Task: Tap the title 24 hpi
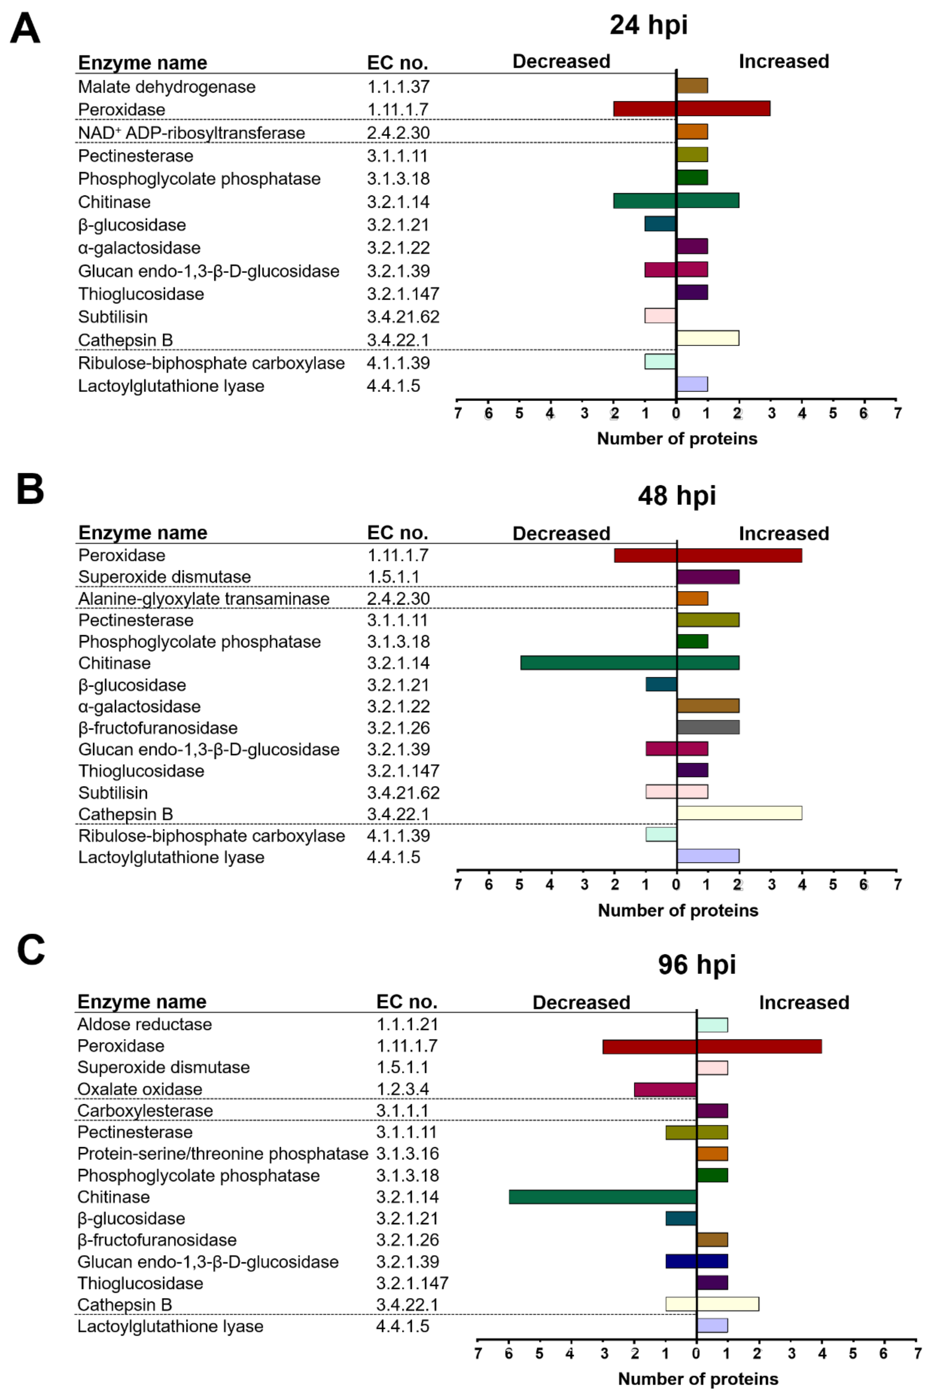click(x=648, y=25)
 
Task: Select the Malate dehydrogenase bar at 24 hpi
click(x=692, y=86)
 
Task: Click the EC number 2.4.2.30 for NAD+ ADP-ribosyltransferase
click(x=398, y=133)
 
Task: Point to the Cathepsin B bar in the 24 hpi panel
click(x=707, y=338)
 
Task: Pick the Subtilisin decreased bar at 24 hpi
click(x=660, y=315)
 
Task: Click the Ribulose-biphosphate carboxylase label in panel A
click(x=211, y=363)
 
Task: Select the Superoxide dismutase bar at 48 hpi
click(x=707, y=576)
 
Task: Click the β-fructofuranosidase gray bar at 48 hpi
click(x=707, y=727)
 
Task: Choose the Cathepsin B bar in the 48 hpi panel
click(x=739, y=812)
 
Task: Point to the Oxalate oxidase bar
click(x=665, y=1089)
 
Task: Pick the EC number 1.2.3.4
click(x=402, y=1089)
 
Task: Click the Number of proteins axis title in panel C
click(x=698, y=1379)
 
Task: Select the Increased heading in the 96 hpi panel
click(x=804, y=1002)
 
